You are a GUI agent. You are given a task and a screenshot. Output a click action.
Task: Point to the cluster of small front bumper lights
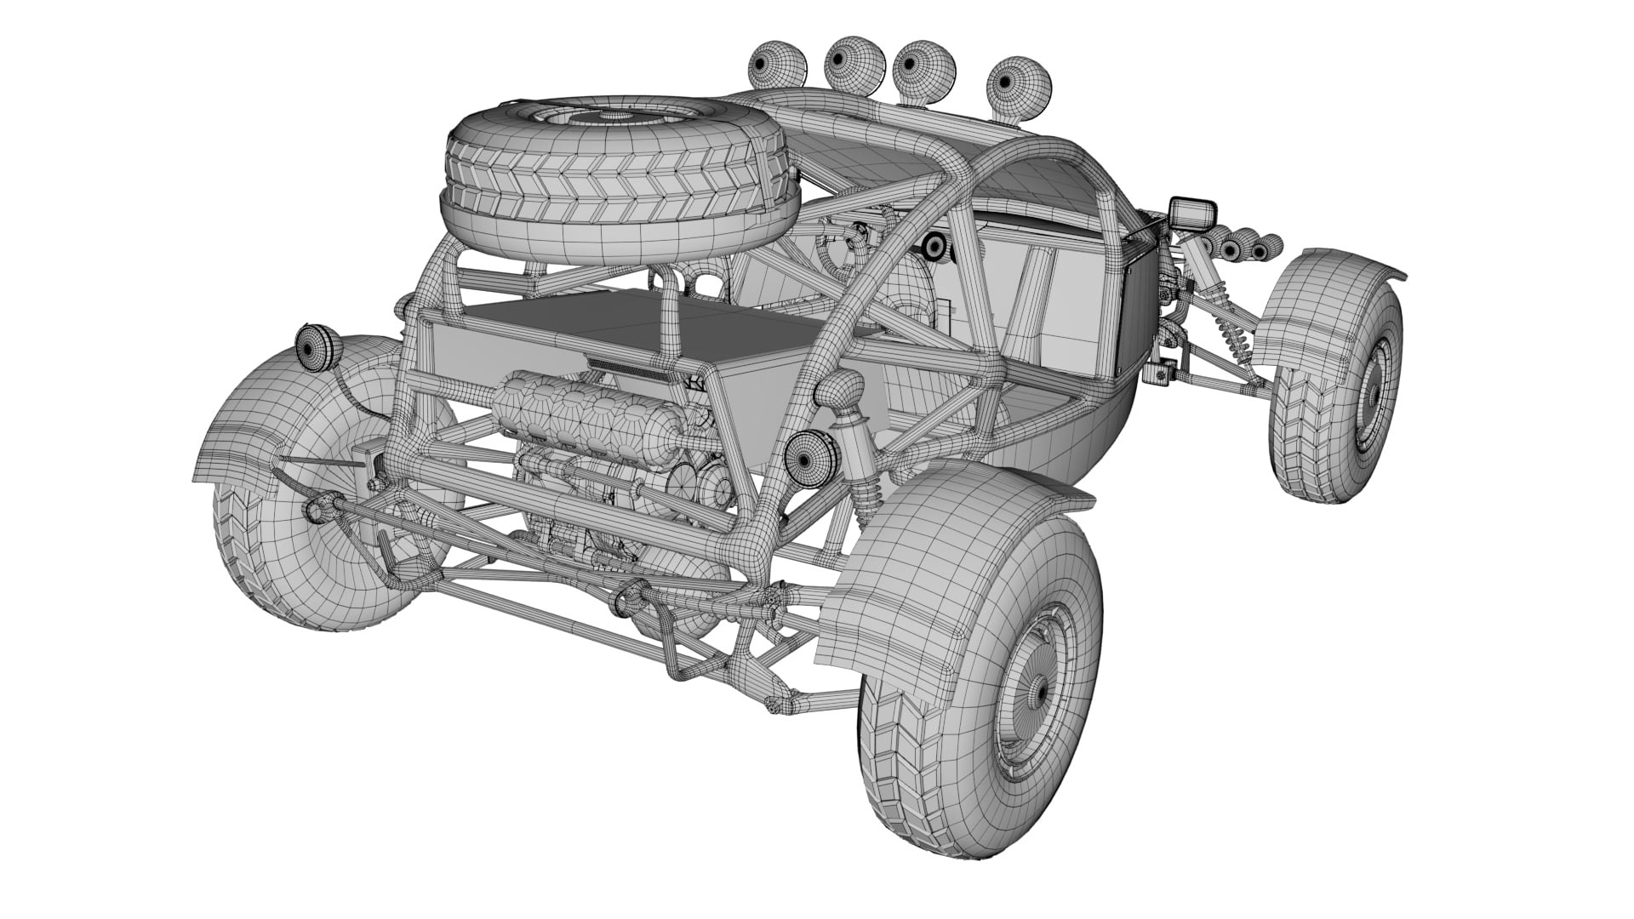1243,247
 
